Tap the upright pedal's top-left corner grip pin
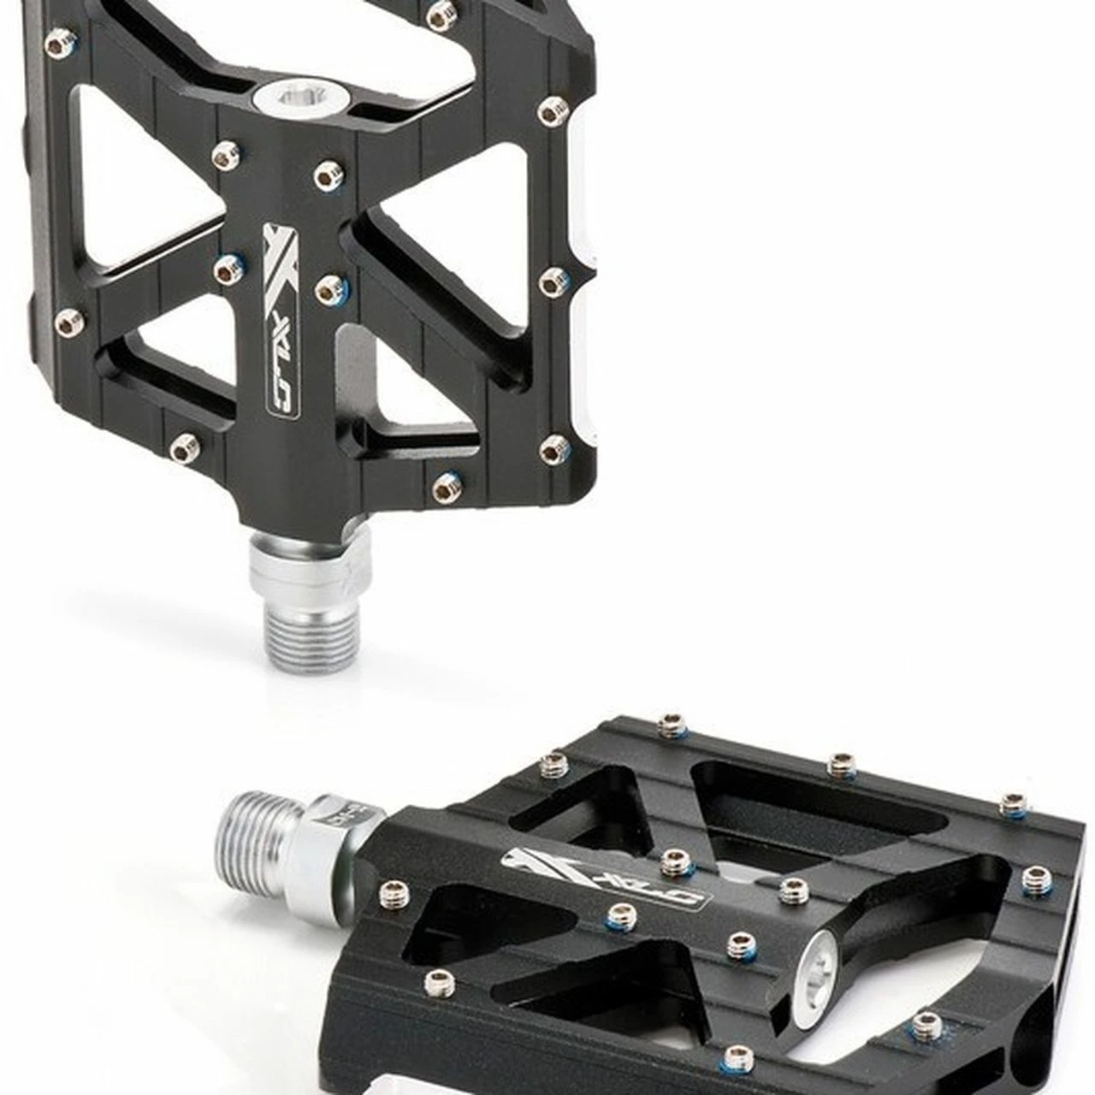pos(58,41)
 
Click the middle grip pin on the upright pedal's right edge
pos(553,281)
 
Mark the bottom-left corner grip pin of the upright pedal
pos(184,447)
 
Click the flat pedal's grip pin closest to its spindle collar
pos(393,891)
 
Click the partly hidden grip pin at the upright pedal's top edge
pos(441,12)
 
